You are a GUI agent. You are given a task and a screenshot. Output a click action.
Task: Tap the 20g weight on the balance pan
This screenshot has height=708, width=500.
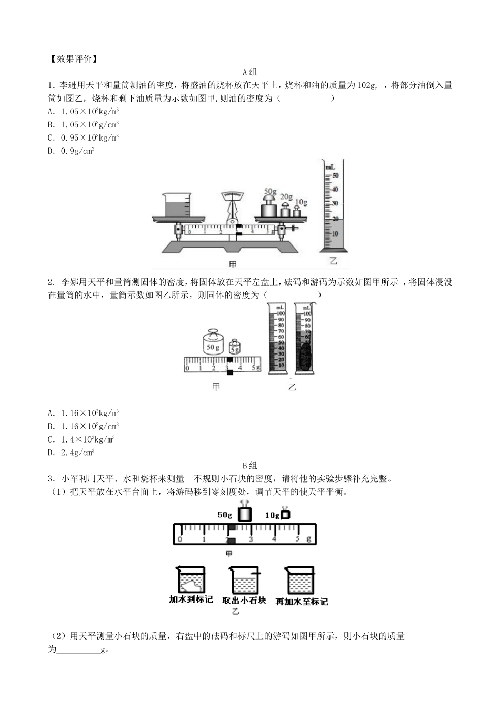pos(285,210)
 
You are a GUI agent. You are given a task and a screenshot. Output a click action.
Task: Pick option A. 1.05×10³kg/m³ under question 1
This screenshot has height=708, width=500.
pos(83,111)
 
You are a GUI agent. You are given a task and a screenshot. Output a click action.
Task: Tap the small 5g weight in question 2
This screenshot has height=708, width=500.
pos(235,348)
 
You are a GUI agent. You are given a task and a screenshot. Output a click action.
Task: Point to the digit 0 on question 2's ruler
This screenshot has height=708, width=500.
pos(188,368)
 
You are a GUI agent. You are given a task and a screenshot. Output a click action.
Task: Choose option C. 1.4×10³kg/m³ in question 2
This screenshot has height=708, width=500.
pos(81,439)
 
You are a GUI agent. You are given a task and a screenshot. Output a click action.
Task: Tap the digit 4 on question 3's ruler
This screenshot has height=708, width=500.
pos(274,539)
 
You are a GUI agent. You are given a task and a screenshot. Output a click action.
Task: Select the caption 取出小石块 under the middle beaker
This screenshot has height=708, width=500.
pos(244,601)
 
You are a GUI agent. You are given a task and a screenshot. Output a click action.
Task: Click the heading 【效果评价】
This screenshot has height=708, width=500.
pos(73,59)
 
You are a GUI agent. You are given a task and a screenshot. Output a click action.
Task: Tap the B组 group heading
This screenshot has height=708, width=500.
pos(249,465)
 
